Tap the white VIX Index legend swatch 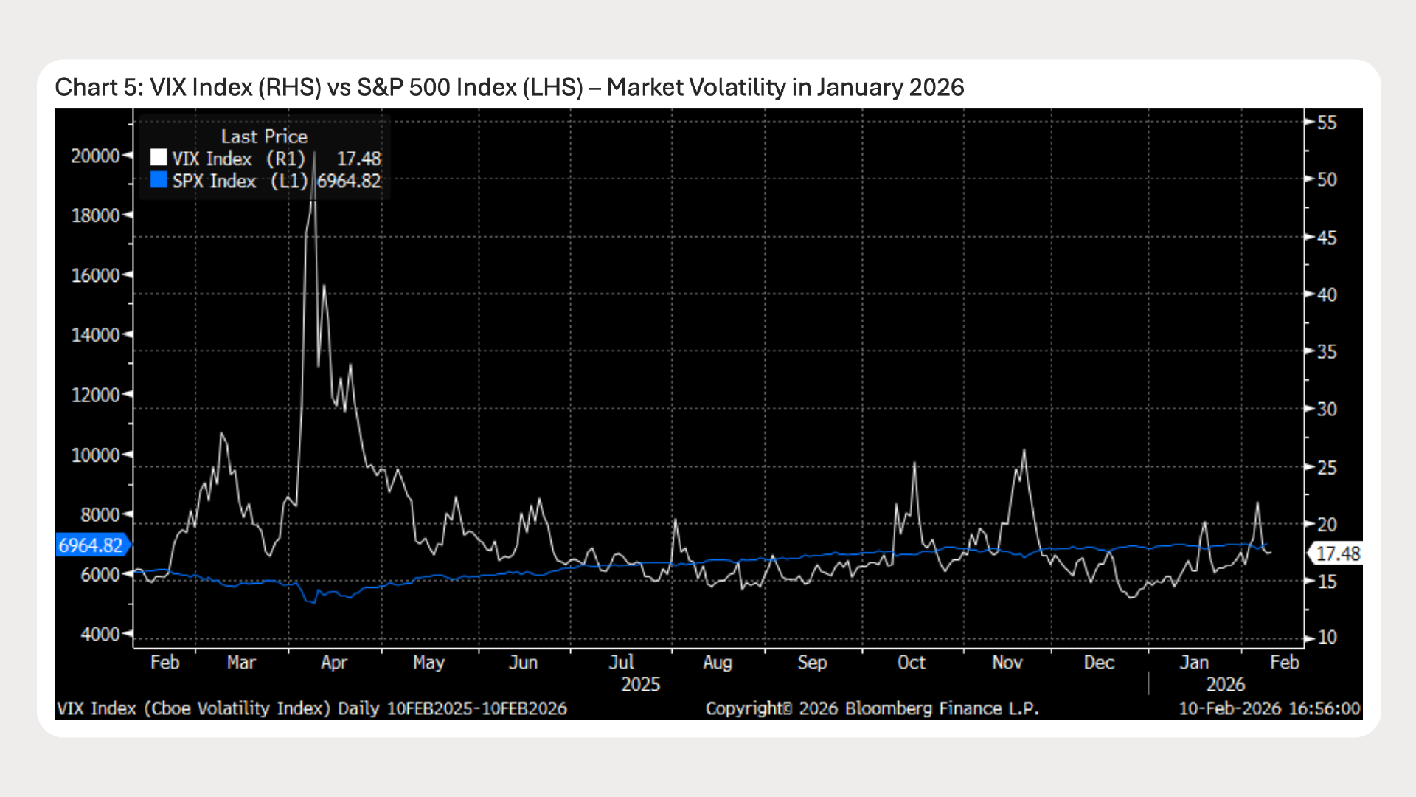click(x=159, y=158)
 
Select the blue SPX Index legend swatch click(x=159, y=180)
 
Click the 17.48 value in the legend click(x=358, y=159)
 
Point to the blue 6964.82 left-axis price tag click(x=91, y=545)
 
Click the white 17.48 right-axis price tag click(x=1337, y=553)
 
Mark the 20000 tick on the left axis click(x=95, y=156)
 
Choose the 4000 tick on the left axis click(x=100, y=634)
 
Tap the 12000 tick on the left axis click(x=95, y=395)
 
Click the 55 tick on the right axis click(x=1327, y=123)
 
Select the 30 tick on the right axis click(x=1327, y=409)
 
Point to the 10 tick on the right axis click(x=1327, y=637)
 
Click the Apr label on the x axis click(x=334, y=662)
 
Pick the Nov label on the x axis click(x=1007, y=662)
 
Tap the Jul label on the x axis click(x=622, y=662)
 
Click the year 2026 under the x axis click(x=1225, y=684)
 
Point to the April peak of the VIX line click(x=315, y=153)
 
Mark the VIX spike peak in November click(x=1024, y=450)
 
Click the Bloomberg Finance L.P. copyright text click(x=872, y=708)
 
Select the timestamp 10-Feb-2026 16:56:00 click(x=1269, y=708)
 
